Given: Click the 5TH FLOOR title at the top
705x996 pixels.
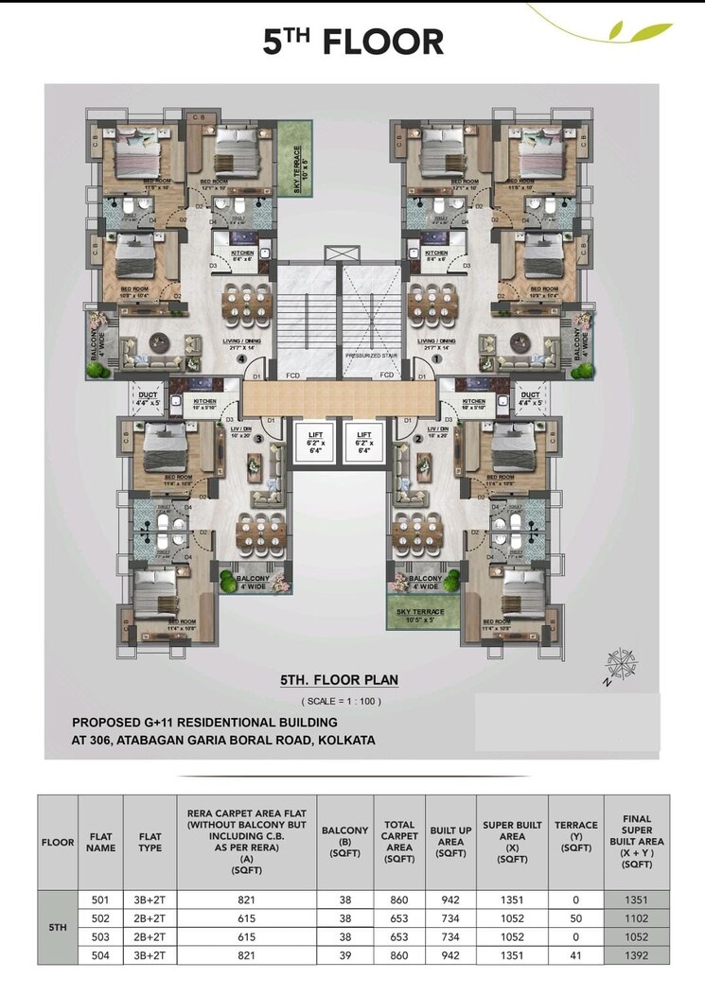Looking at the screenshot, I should click(353, 42).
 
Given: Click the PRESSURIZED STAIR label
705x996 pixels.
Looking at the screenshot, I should click(371, 356).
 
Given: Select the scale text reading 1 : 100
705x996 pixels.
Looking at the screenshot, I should click(341, 701).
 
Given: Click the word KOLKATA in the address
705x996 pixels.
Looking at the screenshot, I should click(345, 741).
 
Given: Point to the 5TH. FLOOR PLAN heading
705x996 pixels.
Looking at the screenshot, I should click(339, 680).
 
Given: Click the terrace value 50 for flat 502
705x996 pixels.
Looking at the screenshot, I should click(575, 918).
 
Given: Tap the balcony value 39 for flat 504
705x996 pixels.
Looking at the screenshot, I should click(345, 955).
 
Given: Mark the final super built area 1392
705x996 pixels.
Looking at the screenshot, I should click(637, 955).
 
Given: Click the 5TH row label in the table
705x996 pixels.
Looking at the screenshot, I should click(57, 928).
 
